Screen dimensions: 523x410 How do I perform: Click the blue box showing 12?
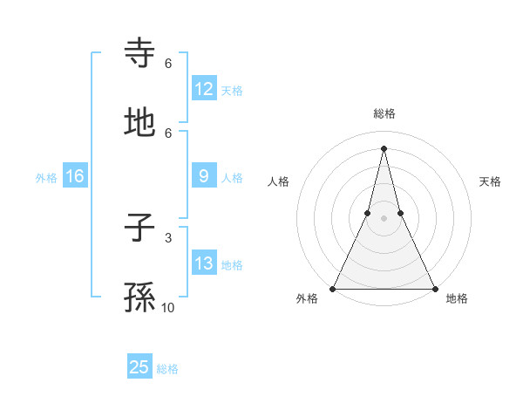[204, 89]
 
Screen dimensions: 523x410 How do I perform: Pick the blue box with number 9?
[204, 176]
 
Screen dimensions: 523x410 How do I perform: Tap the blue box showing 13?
[204, 263]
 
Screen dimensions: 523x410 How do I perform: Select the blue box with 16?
[75, 176]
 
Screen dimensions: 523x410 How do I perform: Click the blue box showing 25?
[139, 367]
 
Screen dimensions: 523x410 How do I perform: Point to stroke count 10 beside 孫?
[168, 308]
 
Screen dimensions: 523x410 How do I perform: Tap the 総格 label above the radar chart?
[384, 113]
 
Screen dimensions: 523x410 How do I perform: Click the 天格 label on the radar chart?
[490, 181]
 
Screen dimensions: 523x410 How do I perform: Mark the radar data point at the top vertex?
[384, 147]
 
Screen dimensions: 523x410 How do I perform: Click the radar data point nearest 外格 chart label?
[333, 288]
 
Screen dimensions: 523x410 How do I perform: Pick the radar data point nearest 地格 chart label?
[434, 288]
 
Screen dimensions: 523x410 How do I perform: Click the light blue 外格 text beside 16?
[46, 177]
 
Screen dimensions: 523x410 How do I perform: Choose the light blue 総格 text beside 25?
[167, 369]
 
